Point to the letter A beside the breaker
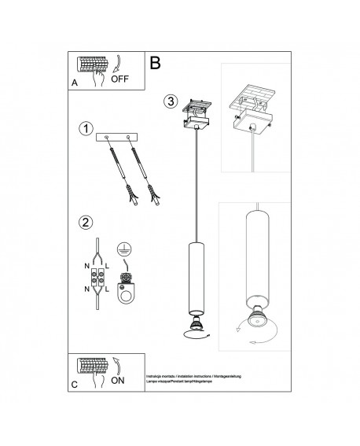pos(75,80)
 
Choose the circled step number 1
pos(86,127)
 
